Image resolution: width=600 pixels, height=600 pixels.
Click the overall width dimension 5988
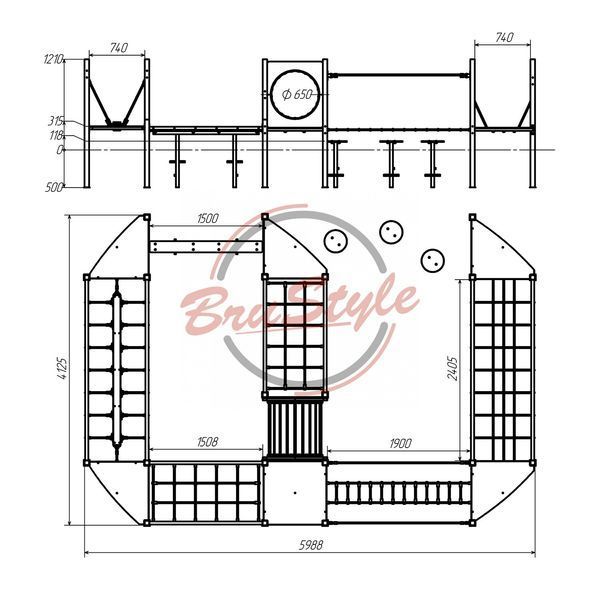311,545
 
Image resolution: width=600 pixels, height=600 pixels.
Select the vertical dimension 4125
62,368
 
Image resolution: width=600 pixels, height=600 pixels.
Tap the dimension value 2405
452,368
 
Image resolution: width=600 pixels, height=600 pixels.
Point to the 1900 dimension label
401,443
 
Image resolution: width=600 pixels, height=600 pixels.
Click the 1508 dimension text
207,442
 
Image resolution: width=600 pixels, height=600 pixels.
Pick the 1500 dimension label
208,218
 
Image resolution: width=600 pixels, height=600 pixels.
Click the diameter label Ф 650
297,94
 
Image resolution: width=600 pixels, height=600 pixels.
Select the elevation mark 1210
53,59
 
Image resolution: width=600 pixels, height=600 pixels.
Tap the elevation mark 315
55,121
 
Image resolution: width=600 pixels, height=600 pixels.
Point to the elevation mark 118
56,135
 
